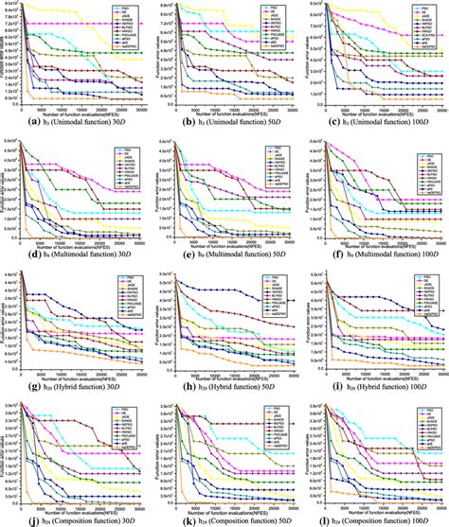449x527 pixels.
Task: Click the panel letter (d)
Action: click(x=9, y=255)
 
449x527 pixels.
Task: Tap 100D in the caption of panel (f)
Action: click(x=425, y=255)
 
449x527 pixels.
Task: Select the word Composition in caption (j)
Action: click(x=62, y=518)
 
